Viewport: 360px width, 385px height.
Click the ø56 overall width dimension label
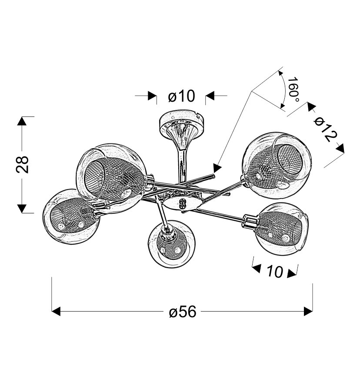click(x=183, y=312)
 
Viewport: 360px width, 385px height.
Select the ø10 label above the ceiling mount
click(x=181, y=96)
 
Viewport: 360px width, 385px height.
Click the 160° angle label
click(x=293, y=90)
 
